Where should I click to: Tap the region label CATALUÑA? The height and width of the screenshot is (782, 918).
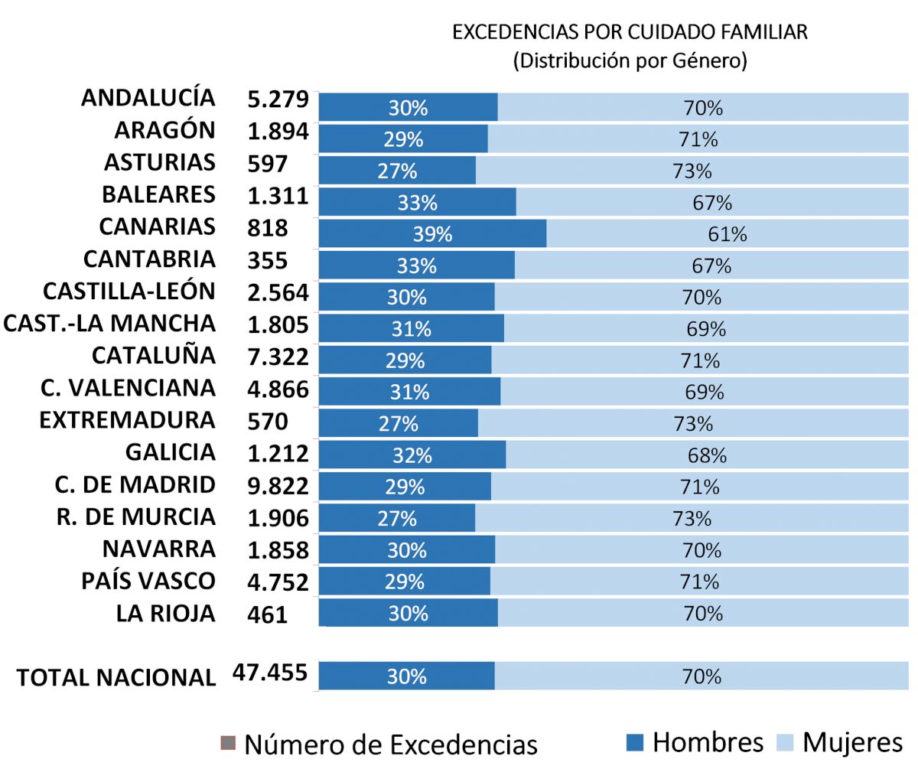[x=153, y=356]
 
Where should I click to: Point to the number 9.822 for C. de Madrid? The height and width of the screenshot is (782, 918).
[x=278, y=486]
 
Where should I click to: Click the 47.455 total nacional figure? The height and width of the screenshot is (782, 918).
[x=270, y=673]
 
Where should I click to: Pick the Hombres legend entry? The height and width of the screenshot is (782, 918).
[x=695, y=742]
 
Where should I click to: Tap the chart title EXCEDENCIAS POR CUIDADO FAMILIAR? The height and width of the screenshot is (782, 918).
[x=630, y=32]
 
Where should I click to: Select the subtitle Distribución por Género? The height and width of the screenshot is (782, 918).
[x=630, y=60]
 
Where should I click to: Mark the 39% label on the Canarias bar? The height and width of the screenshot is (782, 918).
[x=432, y=234]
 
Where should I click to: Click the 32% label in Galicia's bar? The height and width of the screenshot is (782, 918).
[x=412, y=455]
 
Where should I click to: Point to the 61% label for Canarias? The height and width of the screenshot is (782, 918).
[x=728, y=234]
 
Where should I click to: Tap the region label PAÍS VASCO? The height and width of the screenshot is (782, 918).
[x=148, y=581]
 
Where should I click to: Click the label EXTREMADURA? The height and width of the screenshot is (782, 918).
[x=127, y=420]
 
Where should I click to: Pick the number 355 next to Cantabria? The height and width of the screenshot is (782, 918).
[x=267, y=260]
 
